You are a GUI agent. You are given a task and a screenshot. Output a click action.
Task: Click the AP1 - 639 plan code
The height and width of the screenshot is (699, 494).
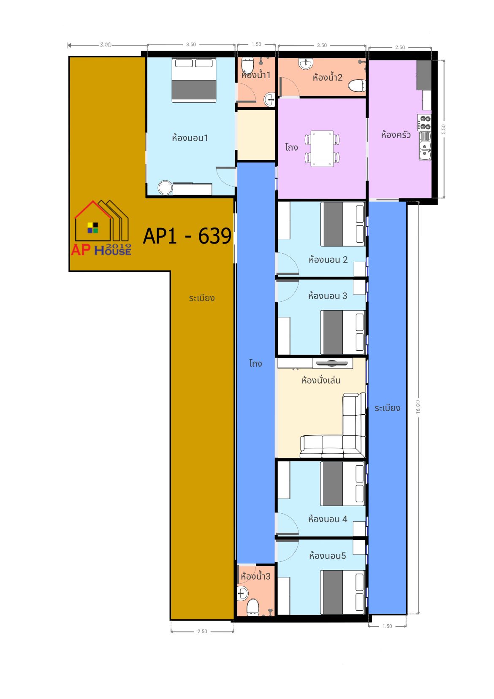[x=187, y=236]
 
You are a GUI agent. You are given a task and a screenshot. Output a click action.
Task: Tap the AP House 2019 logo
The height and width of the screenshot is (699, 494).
[x=101, y=228]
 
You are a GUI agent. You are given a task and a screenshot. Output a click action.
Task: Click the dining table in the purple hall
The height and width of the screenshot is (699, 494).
[x=322, y=149]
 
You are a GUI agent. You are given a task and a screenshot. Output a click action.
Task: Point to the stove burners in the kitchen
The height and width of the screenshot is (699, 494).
[x=424, y=122]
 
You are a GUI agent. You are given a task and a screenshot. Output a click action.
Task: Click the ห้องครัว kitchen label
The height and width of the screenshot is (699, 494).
[x=395, y=135]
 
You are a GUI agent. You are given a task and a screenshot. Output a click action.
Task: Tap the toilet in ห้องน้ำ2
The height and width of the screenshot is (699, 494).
[x=356, y=86]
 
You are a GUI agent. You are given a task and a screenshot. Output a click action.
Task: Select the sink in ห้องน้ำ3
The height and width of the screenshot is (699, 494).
[x=242, y=593]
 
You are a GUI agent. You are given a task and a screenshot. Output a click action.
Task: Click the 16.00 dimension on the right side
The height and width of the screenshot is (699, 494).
[x=418, y=407]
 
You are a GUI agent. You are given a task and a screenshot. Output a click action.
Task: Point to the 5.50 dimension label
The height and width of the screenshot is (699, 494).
[x=443, y=129]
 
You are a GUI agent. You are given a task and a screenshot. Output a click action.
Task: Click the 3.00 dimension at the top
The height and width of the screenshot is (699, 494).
[x=106, y=45]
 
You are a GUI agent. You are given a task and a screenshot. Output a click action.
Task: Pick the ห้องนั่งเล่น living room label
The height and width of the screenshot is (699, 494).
[x=321, y=380]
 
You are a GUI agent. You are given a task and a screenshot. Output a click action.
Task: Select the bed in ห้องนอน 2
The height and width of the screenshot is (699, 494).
[x=342, y=224]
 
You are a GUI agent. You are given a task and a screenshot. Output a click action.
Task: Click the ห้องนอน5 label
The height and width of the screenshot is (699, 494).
[x=327, y=556]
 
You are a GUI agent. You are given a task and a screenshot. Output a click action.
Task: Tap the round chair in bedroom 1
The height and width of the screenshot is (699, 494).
[x=165, y=187]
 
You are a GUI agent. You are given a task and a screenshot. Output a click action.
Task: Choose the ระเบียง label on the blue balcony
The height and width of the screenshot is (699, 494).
[x=387, y=408]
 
